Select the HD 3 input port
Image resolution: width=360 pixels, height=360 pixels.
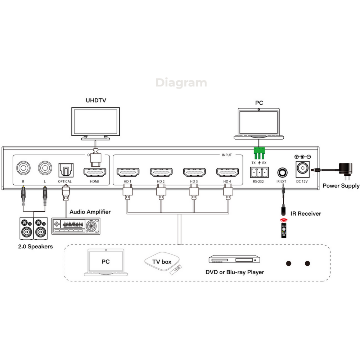click(x=194, y=172)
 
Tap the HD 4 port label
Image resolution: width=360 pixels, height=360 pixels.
click(x=227, y=181)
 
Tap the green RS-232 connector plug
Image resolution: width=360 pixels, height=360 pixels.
click(x=259, y=153)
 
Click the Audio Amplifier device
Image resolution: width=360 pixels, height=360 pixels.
click(x=76, y=226)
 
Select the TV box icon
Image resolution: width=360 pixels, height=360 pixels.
click(x=162, y=262)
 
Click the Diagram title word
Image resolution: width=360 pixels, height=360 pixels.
click(x=181, y=83)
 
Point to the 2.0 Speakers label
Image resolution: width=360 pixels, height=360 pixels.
click(x=36, y=247)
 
